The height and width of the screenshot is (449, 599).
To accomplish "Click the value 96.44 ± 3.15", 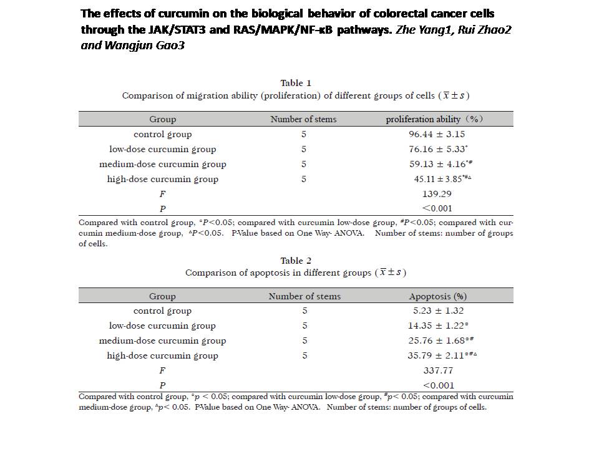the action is (437, 135).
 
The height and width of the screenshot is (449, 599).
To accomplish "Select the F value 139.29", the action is (437, 194).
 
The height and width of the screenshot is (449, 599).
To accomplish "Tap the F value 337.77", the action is (438, 370).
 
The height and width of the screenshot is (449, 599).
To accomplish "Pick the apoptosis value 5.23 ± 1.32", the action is (438, 311).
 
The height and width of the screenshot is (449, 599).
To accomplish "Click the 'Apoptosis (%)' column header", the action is (438, 296).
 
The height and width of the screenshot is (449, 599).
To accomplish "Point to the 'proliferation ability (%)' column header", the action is (434, 119).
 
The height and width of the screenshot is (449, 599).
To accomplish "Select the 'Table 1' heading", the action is (296, 83).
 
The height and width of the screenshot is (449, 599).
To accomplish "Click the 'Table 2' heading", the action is (296, 261).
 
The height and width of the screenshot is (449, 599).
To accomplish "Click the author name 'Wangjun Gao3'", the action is (144, 46).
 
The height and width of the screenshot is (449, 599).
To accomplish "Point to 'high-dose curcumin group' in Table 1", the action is (163, 180).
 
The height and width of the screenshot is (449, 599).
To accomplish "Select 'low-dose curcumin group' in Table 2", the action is (162, 326).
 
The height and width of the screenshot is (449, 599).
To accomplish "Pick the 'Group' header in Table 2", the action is (162, 297).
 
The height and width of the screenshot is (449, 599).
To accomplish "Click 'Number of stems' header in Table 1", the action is (304, 119).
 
